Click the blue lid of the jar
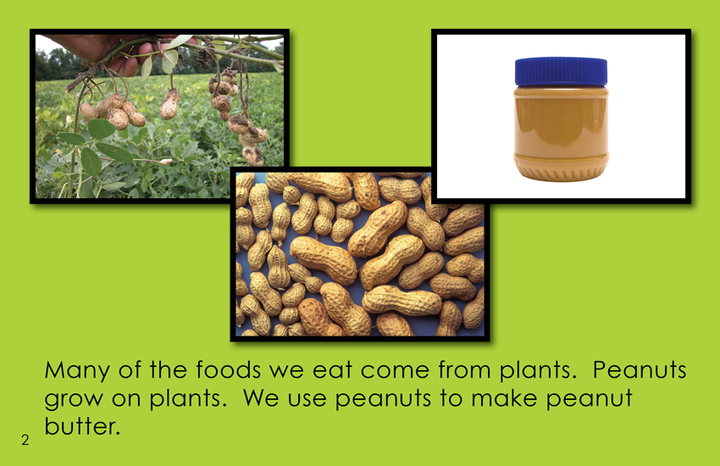561,72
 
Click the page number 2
25,440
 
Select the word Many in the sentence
77,371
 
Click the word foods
228,369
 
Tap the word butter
82,425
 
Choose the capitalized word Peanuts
640,369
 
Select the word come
395,371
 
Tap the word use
307,398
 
